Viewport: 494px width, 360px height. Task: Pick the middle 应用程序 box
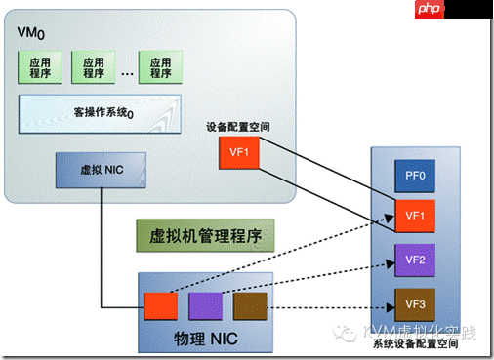pos(94,67)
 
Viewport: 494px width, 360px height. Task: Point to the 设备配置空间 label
pos(238,127)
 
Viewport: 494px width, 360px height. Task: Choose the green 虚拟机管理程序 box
pos(204,233)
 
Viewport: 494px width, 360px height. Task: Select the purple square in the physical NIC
pos(205,306)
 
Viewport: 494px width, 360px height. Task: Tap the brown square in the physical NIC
pos(249,306)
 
